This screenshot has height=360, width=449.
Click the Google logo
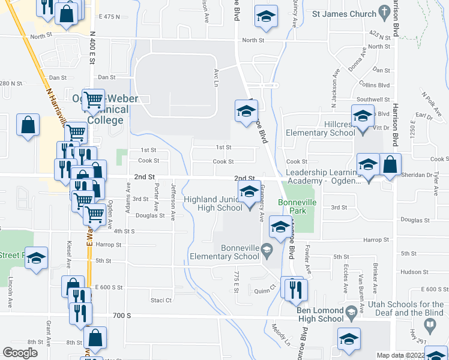20,353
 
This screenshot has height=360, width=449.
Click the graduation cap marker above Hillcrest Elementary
363,115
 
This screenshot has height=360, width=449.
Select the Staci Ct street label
161,300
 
